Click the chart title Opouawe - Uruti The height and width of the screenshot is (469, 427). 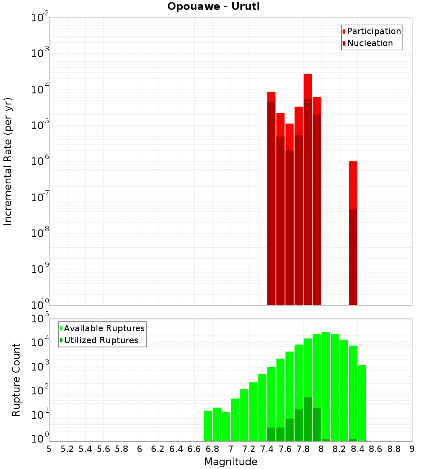[213, 7]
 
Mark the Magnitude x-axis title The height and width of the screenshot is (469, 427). [231, 462]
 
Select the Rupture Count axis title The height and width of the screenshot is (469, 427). [16, 380]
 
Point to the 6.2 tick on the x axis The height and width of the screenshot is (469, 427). [158, 449]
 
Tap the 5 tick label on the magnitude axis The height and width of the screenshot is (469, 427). [49, 449]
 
